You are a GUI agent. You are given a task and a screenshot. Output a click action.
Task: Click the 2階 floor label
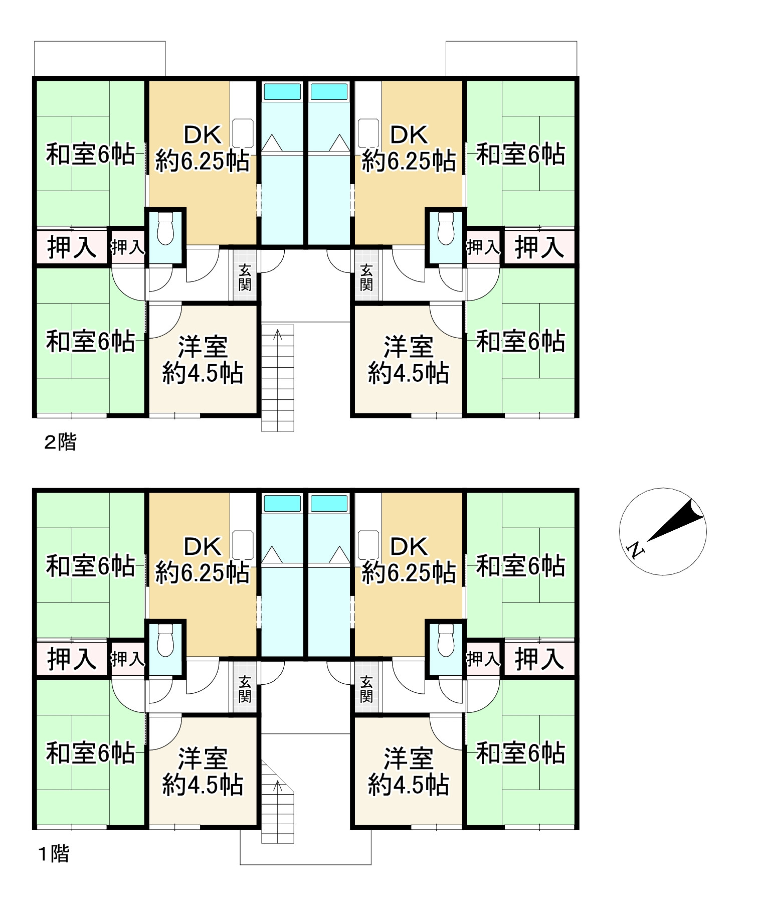click(60, 442)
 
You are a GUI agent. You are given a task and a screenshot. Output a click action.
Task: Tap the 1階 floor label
click(54, 854)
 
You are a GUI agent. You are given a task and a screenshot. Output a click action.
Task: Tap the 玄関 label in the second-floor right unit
click(366, 277)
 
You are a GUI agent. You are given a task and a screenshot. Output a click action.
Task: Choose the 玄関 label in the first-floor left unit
click(245, 689)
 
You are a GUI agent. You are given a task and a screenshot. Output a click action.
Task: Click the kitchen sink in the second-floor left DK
click(243, 133)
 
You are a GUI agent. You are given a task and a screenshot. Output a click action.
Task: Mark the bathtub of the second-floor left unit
click(282, 92)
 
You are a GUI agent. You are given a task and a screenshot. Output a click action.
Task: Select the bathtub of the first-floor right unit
click(329, 503)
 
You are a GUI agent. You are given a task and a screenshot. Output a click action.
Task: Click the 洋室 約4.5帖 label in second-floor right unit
click(409, 360)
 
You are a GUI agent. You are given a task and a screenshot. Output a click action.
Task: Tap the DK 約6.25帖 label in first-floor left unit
click(203, 560)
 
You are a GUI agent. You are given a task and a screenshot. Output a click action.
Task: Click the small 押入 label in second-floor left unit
click(128, 247)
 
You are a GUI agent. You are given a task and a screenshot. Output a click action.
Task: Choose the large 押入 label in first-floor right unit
click(539, 659)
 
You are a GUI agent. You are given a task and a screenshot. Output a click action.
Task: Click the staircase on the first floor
click(277, 803)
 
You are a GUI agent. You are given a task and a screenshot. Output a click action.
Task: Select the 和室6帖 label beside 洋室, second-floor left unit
click(90, 342)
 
